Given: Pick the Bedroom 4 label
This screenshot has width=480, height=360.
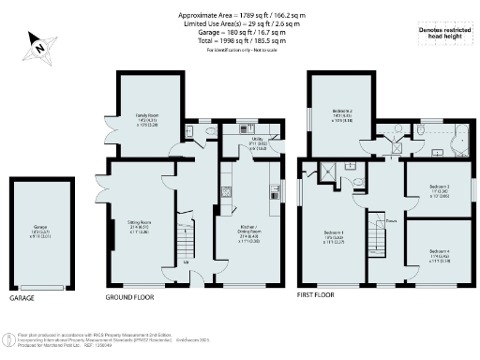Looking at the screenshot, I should [440, 253].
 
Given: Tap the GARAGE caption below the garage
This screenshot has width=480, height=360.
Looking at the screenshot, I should [22, 296].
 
